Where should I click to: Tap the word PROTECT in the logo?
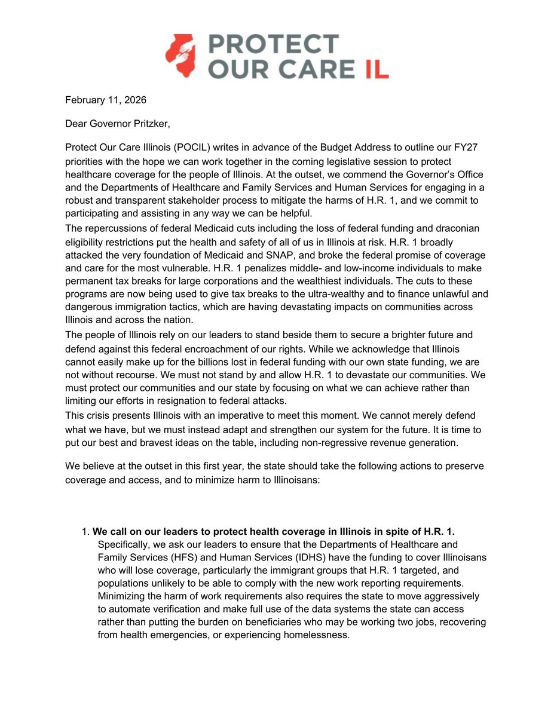[273, 45]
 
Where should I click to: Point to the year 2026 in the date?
[134, 100]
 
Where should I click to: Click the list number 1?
[84, 532]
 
